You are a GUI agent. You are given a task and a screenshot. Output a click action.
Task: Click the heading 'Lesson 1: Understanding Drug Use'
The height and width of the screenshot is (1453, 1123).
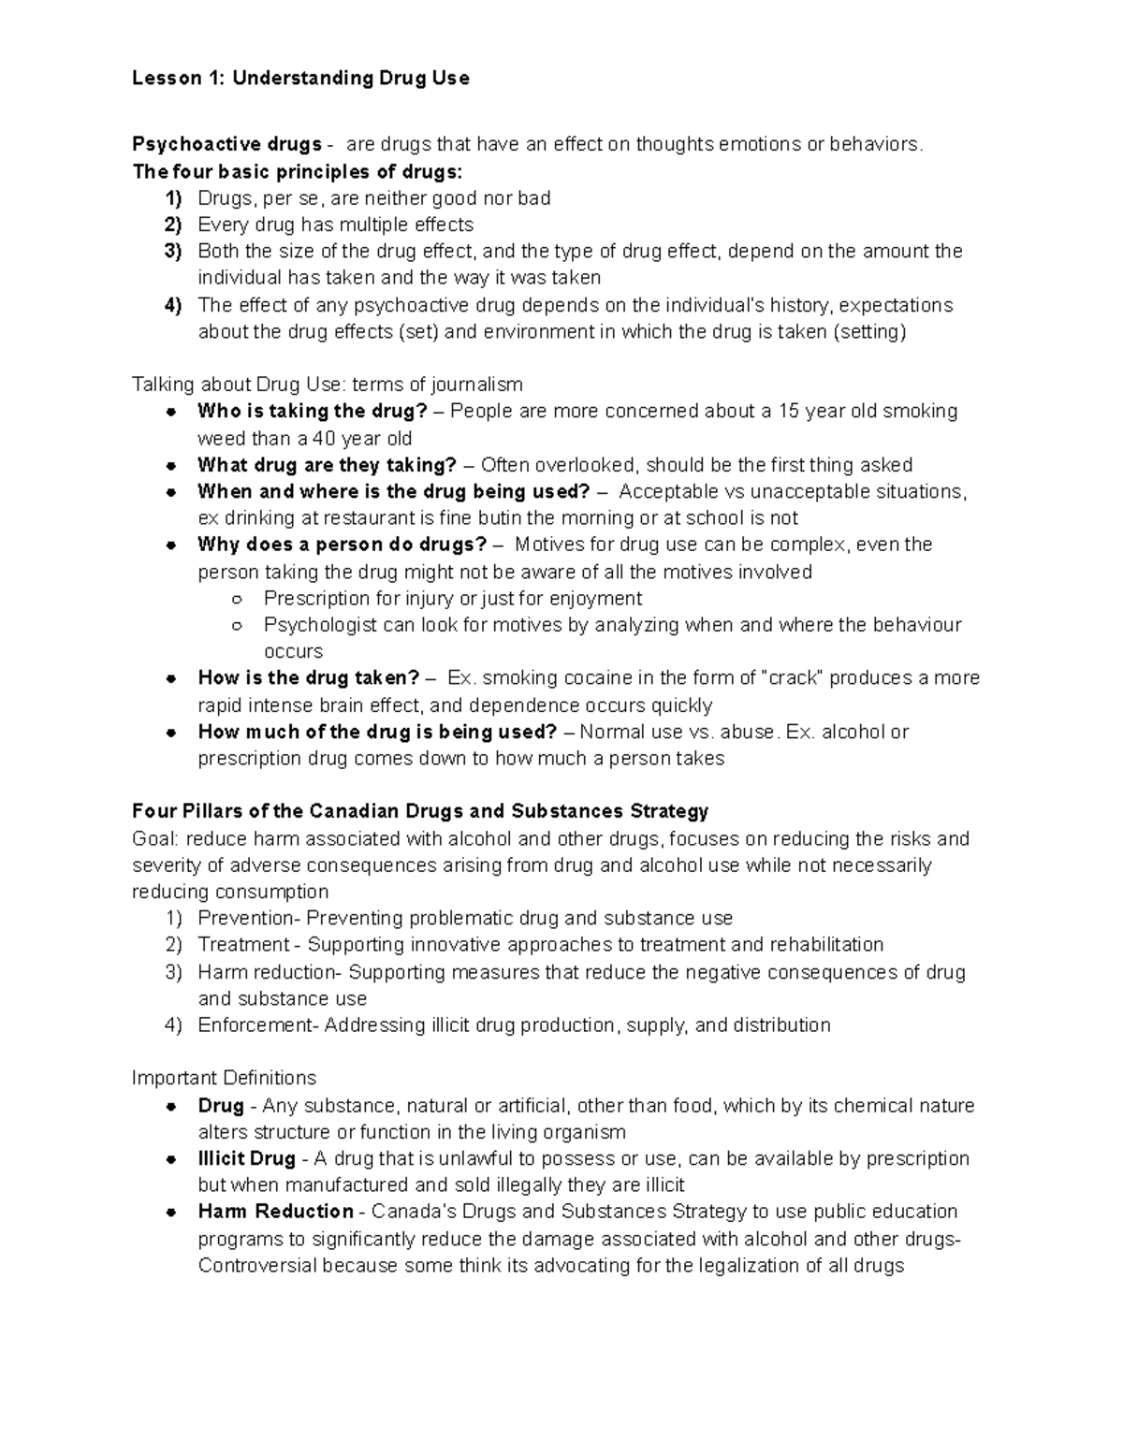300,79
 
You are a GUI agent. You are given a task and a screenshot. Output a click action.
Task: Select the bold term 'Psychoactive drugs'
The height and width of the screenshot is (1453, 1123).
227,144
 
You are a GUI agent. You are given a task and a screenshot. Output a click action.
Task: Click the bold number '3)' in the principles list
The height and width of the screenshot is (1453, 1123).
172,251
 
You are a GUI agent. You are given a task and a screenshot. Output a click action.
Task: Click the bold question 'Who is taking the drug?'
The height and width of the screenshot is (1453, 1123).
312,411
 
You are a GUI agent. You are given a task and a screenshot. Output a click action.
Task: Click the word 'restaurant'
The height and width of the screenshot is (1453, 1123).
366,518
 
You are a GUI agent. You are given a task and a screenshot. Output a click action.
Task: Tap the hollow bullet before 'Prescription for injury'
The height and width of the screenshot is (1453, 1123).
237,599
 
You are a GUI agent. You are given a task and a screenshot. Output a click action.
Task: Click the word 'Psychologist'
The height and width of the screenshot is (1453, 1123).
320,625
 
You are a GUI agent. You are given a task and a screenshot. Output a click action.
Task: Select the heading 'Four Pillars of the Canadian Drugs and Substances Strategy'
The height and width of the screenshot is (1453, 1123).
420,811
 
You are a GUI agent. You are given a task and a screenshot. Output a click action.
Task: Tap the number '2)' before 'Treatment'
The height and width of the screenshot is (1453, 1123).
172,944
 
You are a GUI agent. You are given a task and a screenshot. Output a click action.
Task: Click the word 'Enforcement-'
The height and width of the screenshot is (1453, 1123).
258,1025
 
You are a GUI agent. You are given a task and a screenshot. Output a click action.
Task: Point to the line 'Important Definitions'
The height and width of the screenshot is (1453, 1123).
224,1078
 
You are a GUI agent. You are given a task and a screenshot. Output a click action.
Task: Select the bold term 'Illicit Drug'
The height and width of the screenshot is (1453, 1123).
247,1158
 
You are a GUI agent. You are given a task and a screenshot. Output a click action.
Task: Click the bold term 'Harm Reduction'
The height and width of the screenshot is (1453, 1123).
275,1212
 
